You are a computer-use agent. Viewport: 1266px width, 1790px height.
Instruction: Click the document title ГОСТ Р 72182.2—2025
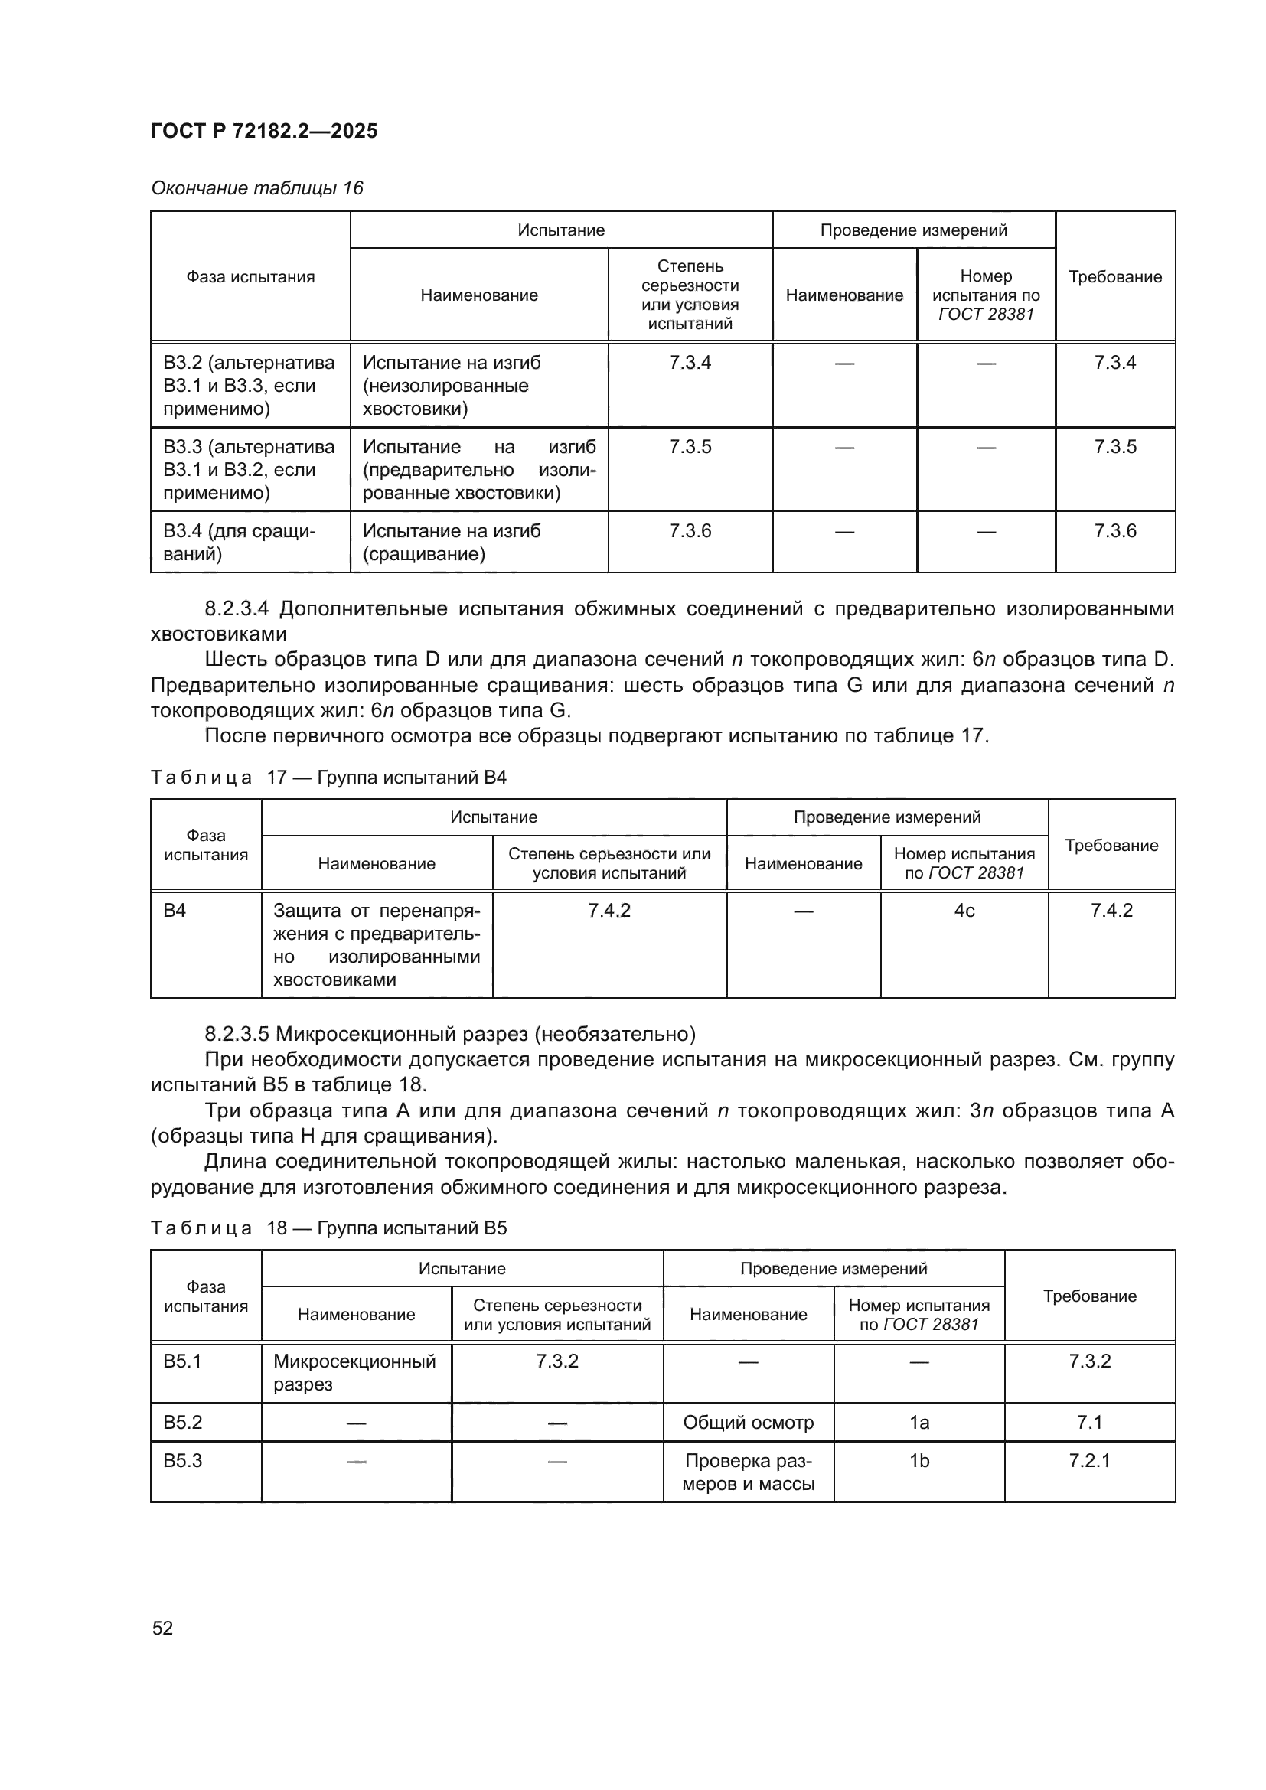[263, 131]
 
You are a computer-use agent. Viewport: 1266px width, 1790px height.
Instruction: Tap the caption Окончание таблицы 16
[257, 188]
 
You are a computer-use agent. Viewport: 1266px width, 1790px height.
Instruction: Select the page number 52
[162, 1628]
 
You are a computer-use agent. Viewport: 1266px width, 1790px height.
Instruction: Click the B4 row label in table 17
[175, 911]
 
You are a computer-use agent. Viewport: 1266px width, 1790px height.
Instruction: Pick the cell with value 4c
[964, 911]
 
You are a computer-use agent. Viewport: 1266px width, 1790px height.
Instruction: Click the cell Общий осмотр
[748, 1422]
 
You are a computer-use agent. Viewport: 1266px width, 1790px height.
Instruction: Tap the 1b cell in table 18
[919, 1460]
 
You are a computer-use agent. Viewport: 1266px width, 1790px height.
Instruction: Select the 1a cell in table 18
[919, 1422]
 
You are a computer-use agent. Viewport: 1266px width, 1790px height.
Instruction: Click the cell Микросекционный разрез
[354, 1372]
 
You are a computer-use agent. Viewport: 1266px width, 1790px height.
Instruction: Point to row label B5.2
[182, 1422]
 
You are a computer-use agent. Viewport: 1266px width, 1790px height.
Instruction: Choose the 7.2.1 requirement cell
[1089, 1460]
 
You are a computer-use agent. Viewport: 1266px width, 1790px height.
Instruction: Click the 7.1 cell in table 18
[1089, 1422]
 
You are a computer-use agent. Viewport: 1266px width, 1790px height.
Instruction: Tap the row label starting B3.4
[239, 543]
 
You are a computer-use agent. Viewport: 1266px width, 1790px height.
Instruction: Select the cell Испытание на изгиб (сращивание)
[452, 543]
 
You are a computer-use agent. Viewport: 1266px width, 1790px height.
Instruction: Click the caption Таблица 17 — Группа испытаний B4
[328, 778]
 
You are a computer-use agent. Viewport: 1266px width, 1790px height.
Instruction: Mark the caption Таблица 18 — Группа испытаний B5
[328, 1228]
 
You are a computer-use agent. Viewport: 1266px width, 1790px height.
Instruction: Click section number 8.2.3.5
[237, 1034]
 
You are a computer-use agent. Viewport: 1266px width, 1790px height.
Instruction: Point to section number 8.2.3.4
[237, 608]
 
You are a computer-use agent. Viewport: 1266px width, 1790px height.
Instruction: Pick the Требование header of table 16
[1114, 277]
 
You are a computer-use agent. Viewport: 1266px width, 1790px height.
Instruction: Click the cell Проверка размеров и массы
[748, 1472]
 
